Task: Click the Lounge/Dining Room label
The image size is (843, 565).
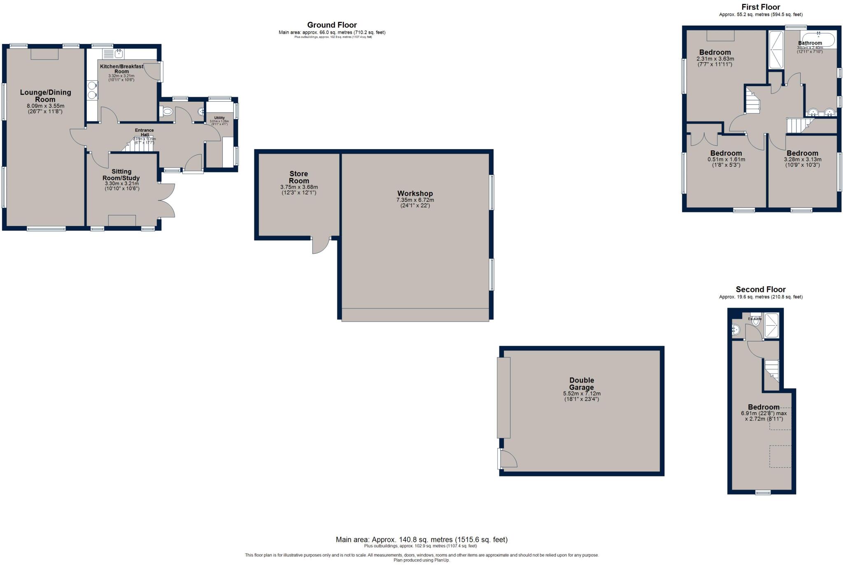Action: [x=45, y=96]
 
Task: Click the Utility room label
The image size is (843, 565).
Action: [x=219, y=118]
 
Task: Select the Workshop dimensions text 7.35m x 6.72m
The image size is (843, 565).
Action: [x=415, y=200]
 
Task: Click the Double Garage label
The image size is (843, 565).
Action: [x=581, y=384]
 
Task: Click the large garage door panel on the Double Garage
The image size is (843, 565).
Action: [x=503, y=397]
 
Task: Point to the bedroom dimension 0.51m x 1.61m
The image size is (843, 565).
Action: [x=726, y=159]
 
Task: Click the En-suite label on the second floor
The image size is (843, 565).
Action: [x=755, y=319]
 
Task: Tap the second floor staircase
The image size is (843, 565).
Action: [x=772, y=370]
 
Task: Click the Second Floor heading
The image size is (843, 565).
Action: [x=760, y=290]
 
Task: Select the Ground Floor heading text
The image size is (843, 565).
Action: [x=332, y=25]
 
